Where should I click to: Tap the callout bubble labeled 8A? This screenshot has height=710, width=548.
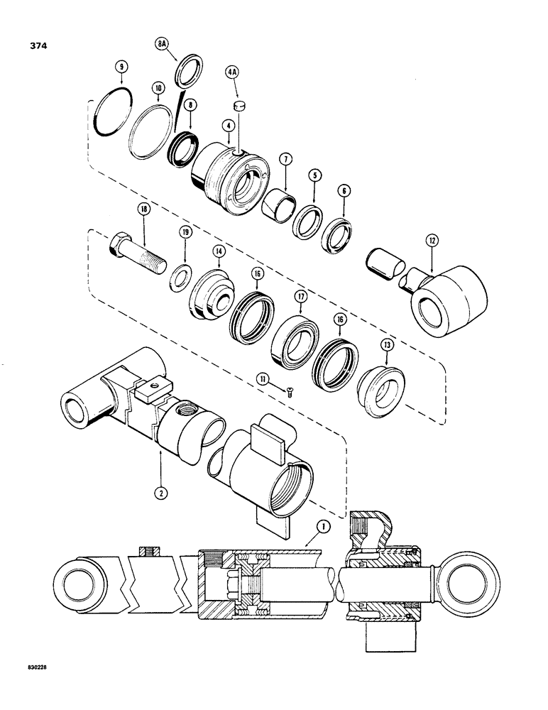[x=163, y=43]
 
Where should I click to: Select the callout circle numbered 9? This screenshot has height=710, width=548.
[x=122, y=67]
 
